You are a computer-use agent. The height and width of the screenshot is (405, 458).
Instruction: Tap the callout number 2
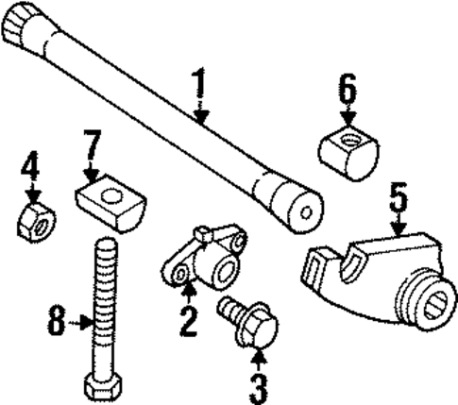click(189, 322)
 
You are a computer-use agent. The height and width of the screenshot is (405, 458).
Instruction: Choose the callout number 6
click(348, 91)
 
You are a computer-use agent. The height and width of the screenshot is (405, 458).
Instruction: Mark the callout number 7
click(91, 149)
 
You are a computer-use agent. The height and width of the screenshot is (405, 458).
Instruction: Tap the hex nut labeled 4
click(37, 222)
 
